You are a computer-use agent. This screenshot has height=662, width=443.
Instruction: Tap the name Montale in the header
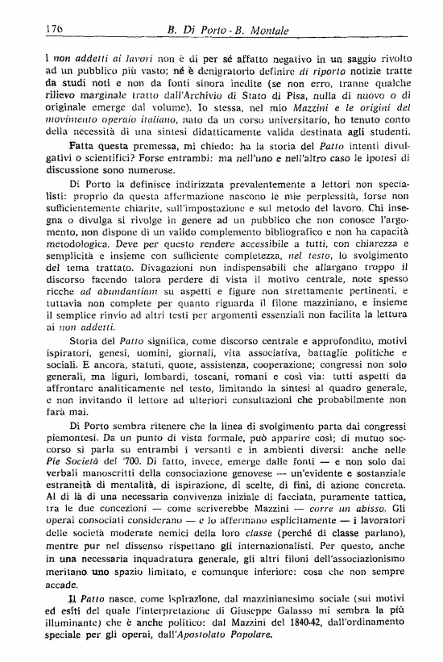point(274,30)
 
